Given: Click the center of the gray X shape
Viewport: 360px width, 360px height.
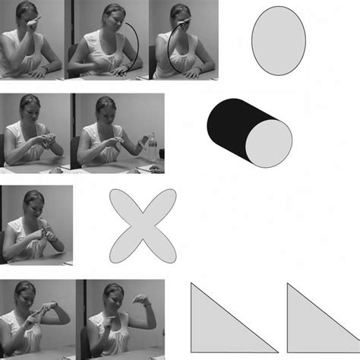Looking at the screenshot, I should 144,226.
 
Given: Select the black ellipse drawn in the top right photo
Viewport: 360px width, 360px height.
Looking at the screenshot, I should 175,50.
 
